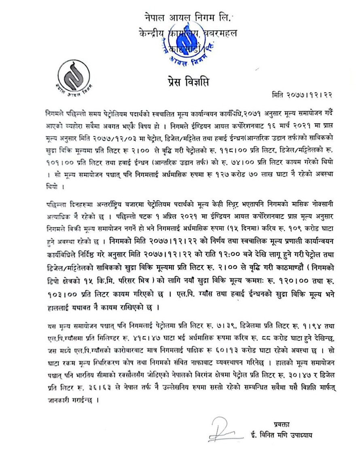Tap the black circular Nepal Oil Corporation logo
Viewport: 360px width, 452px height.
(73, 76)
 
